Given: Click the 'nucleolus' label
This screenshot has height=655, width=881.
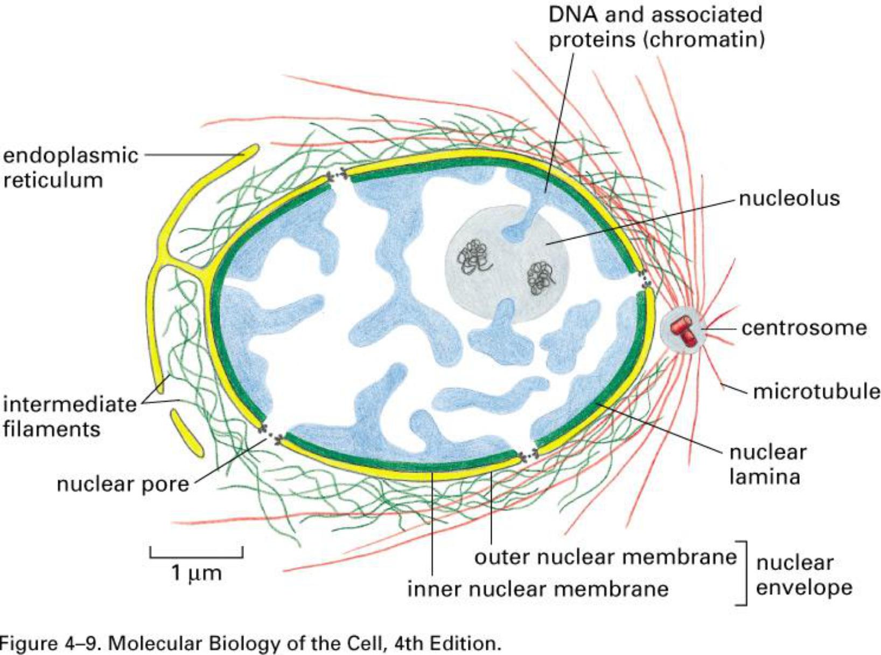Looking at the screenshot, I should tap(789, 198).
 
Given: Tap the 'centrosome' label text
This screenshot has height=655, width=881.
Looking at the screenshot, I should tap(804, 327).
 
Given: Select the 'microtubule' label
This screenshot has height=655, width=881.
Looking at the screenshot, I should tap(816, 391).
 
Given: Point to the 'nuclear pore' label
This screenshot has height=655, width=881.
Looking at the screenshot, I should tap(123, 484).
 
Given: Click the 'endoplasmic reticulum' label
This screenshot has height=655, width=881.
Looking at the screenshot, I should tap(70, 167).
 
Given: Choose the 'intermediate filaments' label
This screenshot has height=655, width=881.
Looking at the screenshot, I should tap(69, 416).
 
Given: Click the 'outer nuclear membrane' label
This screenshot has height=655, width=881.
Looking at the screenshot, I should tap(605, 557).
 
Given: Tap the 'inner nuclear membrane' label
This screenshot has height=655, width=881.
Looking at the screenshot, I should tap(537, 588).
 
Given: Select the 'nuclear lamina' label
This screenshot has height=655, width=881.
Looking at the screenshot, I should tap(767, 464).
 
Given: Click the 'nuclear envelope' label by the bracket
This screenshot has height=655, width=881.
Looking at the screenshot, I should tap(803, 575).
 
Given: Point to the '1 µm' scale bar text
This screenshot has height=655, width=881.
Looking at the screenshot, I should tap(196, 573).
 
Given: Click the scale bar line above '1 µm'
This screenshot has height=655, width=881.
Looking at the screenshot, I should tap(196, 555).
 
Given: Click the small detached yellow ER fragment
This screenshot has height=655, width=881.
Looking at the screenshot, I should tap(187, 433).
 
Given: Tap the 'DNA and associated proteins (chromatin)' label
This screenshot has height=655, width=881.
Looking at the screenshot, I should tap(655, 27).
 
